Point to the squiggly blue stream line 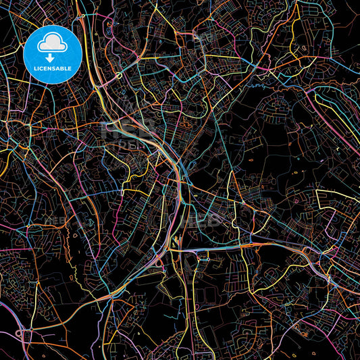tap(260, 86)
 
